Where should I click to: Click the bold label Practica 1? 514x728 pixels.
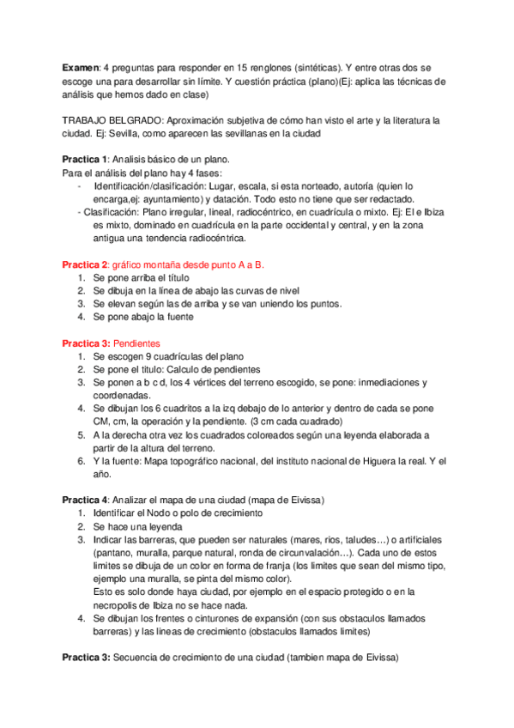click(85, 161)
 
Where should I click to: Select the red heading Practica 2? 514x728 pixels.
click(85, 264)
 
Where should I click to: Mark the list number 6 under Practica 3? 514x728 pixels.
click(81, 460)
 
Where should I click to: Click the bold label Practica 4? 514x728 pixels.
click(85, 500)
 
